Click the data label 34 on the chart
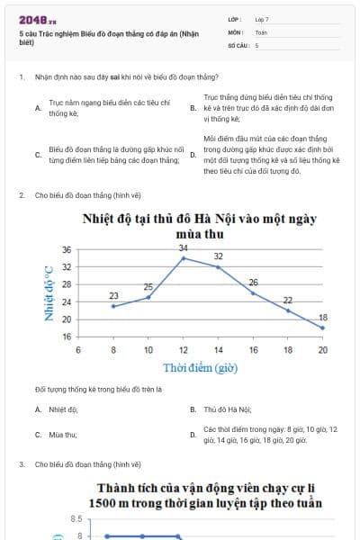pyautogui.click(x=183, y=247)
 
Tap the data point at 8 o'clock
pyautogui.click(x=113, y=306)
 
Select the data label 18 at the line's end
pyautogui.click(x=323, y=318)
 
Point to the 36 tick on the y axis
pyautogui.click(x=66, y=250)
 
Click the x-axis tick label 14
pyautogui.click(x=218, y=349)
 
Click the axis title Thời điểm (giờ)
pyautogui.click(x=200, y=367)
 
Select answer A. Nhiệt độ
pyautogui.click(x=61, y=409)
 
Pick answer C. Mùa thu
pyautogui.click(x=61, y=435)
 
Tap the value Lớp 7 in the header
pyautogui.click(x=262, y=19)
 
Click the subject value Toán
pyautogui.click(x=260, y=31)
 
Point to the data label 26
pyautogui.click(x=254, y=283)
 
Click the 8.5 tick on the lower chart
pyautogui.click(x=76, y=519)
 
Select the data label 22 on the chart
pyautogui.click(x=288, y=300)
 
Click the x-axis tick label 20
pyautogui.click(x=323, y=349)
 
